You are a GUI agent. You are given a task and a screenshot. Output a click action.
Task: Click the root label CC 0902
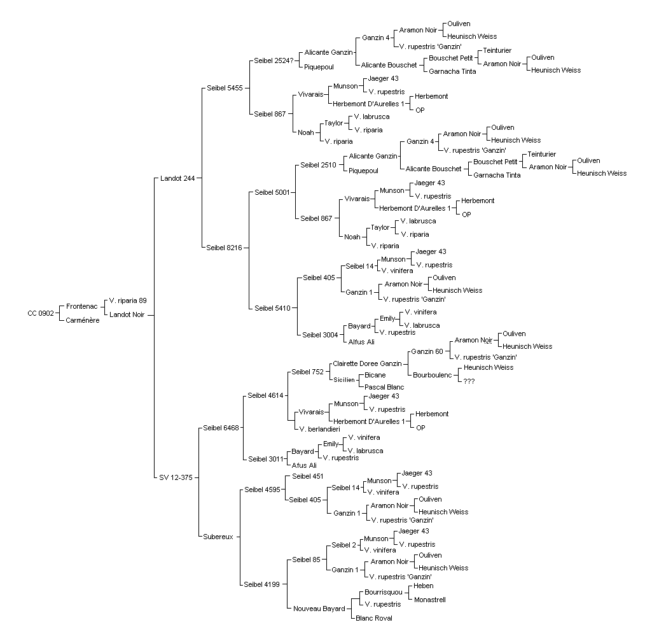tap(41, 313)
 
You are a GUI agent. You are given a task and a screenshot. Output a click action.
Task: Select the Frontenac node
tap(81, 307)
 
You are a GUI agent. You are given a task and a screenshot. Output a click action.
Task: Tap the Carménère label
tap(83, 321)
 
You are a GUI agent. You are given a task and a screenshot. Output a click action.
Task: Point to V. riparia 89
tap(128, 300)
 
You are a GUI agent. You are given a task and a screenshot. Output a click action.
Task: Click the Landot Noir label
tap(127, 314)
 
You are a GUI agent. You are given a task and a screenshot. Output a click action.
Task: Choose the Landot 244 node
tap(177, 178)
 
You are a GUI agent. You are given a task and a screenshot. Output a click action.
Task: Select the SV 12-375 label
tap(176, 478)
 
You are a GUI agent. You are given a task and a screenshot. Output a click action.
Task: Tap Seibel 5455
tap(225, 88)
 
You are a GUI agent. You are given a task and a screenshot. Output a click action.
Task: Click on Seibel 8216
tap(224, 248)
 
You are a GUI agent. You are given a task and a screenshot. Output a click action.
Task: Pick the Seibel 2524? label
tap(274, 60)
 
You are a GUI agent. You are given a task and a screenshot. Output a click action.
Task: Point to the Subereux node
tap(218, 537)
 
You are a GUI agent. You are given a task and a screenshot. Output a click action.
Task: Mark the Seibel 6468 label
tap(221, 428)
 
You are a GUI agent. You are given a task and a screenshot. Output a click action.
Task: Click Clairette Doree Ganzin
tap(367, 364)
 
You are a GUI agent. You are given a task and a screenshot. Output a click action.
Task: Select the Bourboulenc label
tap(432, 375)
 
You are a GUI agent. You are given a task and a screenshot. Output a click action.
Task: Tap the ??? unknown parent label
tap(469, 381)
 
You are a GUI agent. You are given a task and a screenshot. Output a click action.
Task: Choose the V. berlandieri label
tap(319, 430)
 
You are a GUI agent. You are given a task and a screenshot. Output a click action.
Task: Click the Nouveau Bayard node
tap(319, 609)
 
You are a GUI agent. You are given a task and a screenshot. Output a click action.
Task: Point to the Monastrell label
tap(429, 600)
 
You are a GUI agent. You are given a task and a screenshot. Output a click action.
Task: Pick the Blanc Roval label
tap(373, 618)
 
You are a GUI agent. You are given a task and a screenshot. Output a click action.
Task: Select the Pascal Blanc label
tap(384, 388)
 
